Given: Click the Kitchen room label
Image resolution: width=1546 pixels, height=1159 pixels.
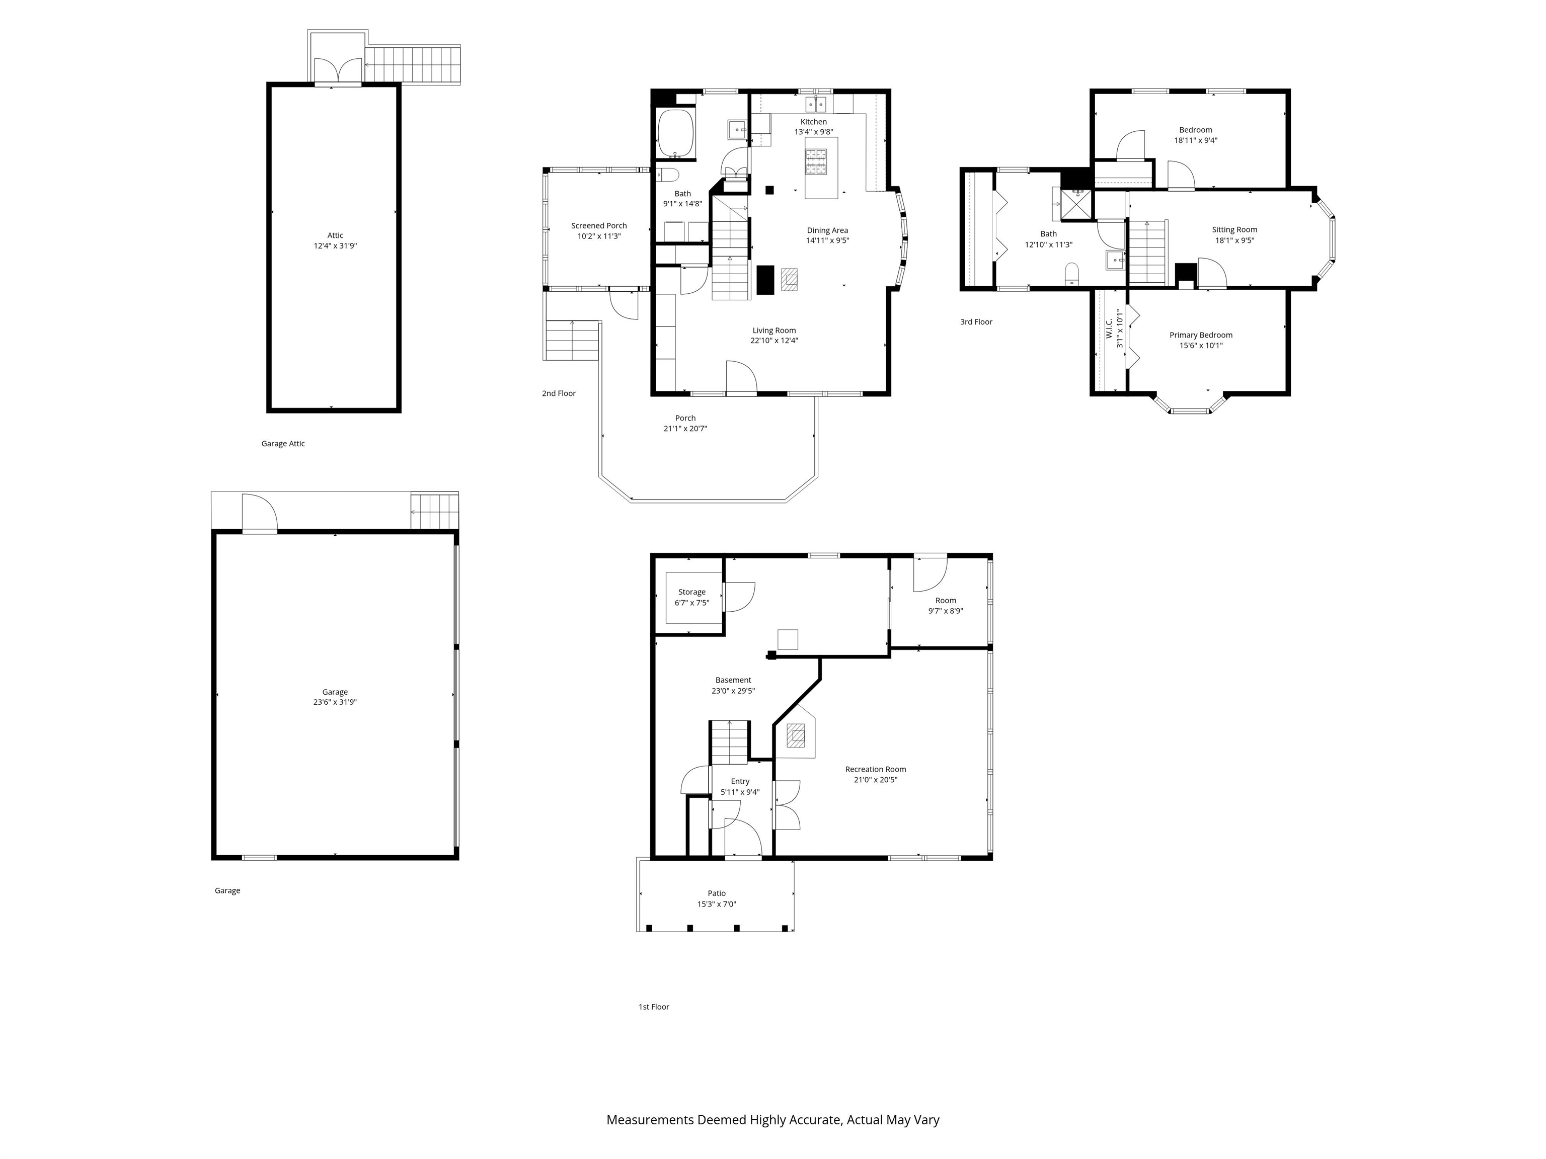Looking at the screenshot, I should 814,122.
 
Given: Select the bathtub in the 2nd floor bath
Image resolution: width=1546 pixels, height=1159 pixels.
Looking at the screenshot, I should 675,134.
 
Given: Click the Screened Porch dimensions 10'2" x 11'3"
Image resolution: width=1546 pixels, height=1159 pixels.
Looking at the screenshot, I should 599,236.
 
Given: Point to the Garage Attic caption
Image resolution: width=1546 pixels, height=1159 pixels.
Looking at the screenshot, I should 283,444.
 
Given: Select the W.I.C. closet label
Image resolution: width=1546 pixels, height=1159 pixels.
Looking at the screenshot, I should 1109,328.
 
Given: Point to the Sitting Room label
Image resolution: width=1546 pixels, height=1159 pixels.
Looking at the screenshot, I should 1234,230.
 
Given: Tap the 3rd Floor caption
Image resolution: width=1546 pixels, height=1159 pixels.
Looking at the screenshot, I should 976,322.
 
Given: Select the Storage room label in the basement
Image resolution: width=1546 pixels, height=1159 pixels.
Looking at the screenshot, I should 691,592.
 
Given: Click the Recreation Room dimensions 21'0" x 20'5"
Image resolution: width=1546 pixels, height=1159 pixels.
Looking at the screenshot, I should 875,780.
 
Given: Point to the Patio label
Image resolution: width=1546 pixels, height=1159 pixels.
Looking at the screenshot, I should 717,893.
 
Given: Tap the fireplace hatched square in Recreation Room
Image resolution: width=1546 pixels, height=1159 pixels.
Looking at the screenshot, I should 795,735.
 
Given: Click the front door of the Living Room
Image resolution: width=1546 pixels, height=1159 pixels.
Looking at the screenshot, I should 741,378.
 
